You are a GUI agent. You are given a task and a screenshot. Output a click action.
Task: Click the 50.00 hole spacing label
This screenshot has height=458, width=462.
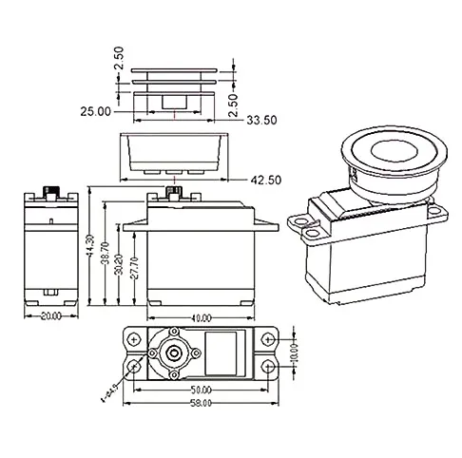[x=201, y=391]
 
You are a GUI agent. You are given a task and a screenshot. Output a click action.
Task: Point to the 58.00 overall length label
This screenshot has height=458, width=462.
[x=201, y=403]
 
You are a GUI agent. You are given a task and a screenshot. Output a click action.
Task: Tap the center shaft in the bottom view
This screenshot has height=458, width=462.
[x=173, y=353]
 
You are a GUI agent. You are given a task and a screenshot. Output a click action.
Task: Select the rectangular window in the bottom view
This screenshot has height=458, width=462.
[x=224, y=352]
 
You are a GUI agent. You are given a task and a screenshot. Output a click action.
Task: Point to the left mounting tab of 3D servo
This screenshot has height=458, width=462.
[x=307, y=225]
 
